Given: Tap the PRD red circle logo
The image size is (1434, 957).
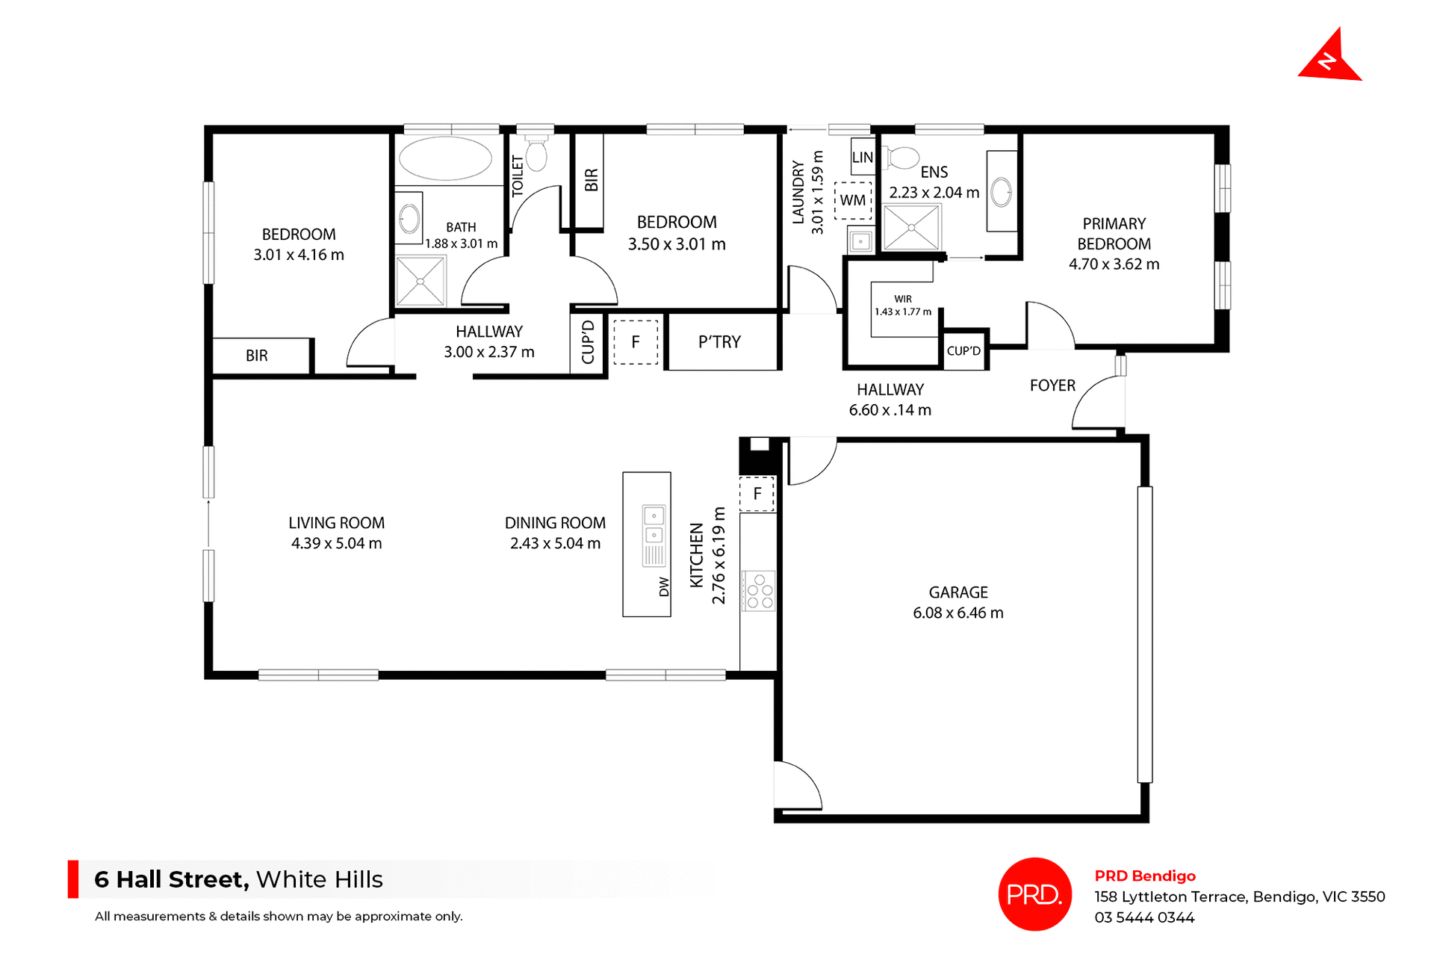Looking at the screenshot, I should point(1034,893).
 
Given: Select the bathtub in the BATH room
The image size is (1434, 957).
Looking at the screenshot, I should point(445,158).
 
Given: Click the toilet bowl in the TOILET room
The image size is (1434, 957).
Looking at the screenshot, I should point(536,155).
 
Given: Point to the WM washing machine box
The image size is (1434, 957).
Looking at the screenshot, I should point(853,200).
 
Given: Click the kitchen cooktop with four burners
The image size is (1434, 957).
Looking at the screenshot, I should point(759,591).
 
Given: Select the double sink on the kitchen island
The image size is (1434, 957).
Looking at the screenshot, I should point(654,526).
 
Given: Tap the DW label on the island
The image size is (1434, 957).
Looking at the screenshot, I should point(664,587).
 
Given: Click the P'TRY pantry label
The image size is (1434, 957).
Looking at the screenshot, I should point(719,342).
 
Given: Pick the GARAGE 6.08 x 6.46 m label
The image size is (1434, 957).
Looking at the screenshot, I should point(958,603).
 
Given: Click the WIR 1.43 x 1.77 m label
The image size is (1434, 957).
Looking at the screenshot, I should point(903,306).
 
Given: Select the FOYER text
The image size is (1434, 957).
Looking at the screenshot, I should point(1052,385).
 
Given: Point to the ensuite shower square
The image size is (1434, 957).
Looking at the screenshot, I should point(911,227).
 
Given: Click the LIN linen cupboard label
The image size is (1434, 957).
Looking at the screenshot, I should point(863,158).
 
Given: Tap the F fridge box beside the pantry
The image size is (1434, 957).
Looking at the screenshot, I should point(636,342).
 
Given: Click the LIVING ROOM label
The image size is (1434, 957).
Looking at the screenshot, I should point(336,523).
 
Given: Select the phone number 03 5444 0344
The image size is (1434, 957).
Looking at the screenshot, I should point(1144,917).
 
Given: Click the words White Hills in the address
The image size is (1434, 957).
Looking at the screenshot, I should point(319,879).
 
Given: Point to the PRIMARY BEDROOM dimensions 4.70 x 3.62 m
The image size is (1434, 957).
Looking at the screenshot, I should point(1114,264).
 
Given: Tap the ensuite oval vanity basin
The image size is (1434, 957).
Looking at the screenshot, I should point(1001,192).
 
